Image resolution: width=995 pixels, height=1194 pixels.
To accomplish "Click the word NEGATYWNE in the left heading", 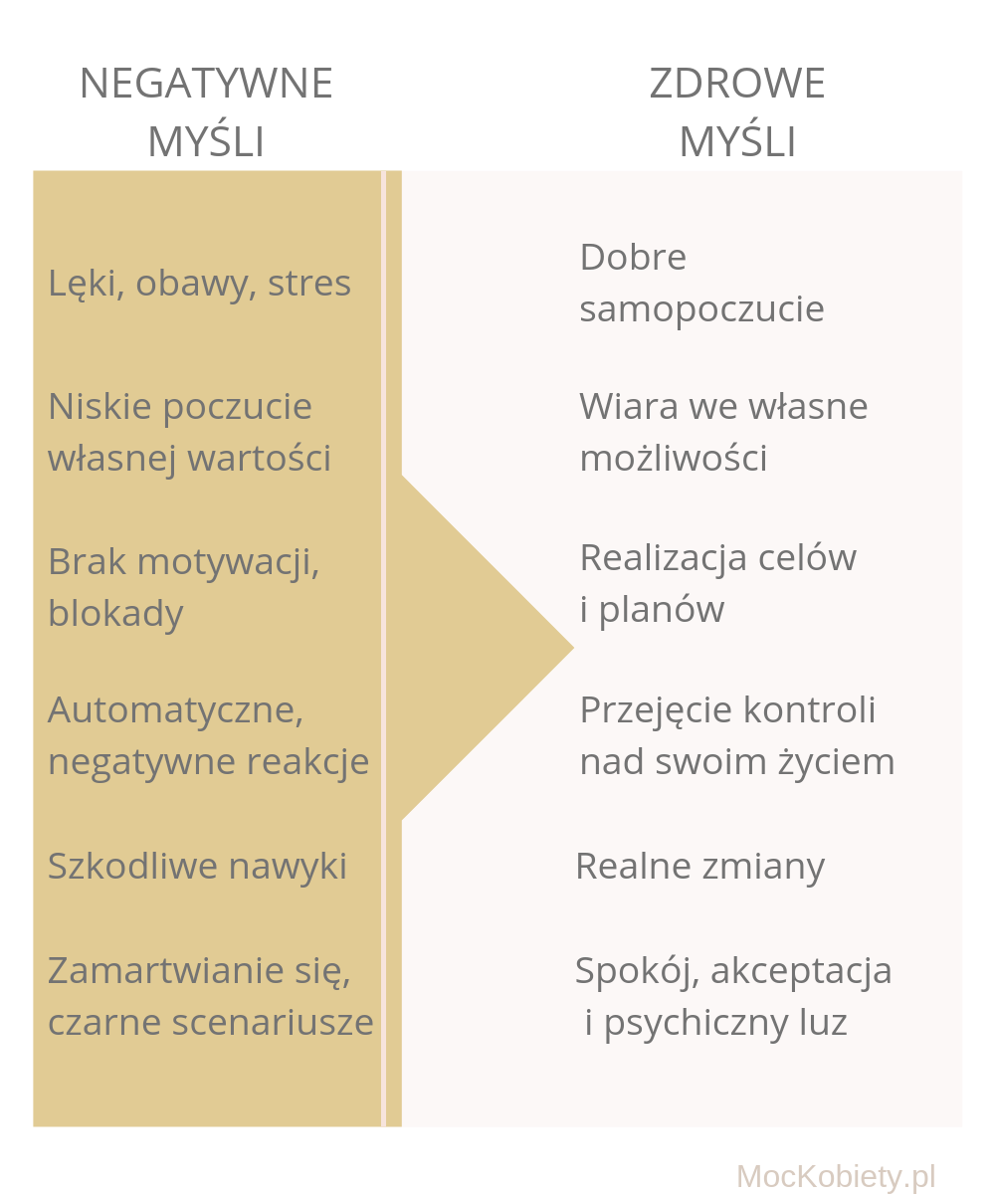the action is (x=206, y=84).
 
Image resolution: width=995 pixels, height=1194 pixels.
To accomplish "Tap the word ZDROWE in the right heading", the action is (x=737, y=84).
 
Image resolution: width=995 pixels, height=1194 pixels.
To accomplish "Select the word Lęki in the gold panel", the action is (x=86, y=285).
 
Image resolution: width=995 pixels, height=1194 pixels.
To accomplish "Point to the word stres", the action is (x=308, y=284).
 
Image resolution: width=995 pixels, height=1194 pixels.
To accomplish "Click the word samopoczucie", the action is (x=701, y=309).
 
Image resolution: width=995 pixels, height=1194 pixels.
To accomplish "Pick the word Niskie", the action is (x=100, y=407).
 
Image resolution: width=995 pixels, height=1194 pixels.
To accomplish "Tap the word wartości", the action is (x=259, y=458).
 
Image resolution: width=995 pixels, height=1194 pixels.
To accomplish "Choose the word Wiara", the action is (x=629, y=407).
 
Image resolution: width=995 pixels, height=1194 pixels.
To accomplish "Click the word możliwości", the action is (x=673, y=458).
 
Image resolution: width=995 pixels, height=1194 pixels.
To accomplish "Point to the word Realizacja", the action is (x=663, y=558).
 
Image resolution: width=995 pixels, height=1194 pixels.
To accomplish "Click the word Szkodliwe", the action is (x=132, y=866).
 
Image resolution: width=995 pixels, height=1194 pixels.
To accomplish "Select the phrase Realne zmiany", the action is (x=699, y=868).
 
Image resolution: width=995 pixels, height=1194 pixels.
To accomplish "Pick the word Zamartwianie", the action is (x=166, y=971).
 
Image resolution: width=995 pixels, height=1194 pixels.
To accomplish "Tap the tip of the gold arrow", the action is (x=573, y=648).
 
